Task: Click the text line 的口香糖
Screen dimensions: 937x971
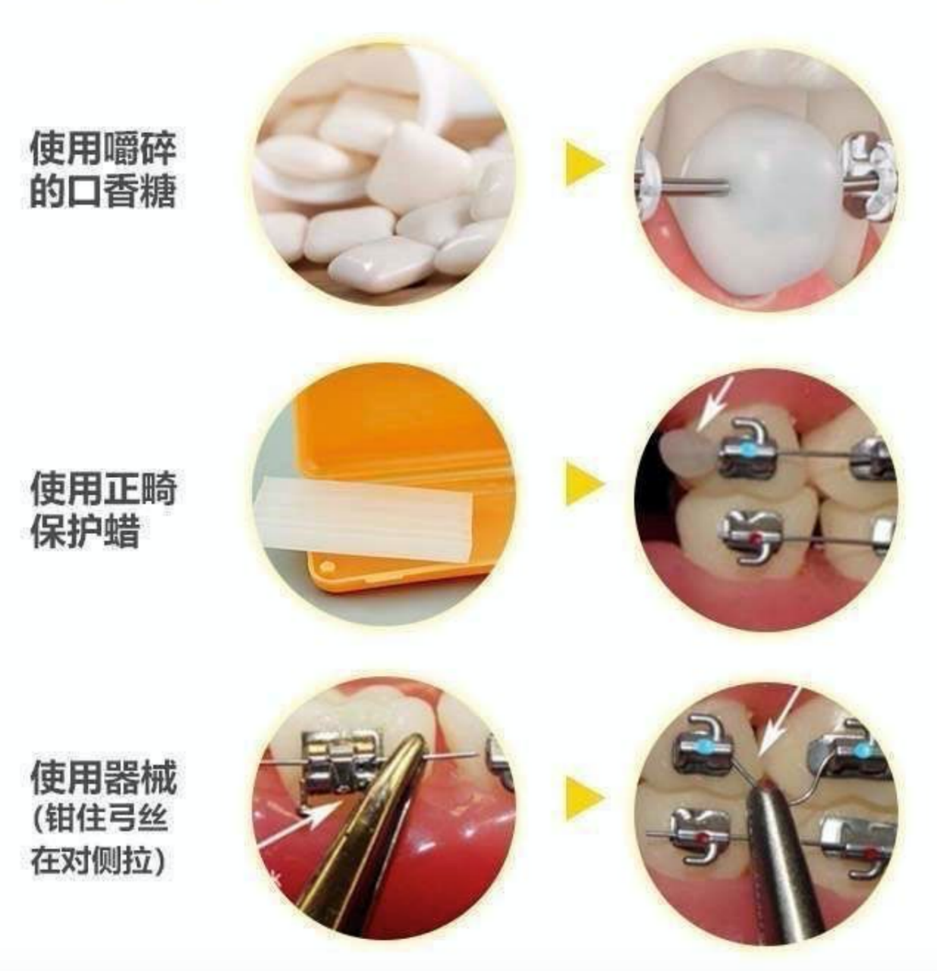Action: click(102, 191)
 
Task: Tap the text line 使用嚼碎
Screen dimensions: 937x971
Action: click(102, 148)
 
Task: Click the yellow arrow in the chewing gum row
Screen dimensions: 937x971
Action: click(584, 164)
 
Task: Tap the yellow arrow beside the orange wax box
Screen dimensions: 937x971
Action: click(584, 483)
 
